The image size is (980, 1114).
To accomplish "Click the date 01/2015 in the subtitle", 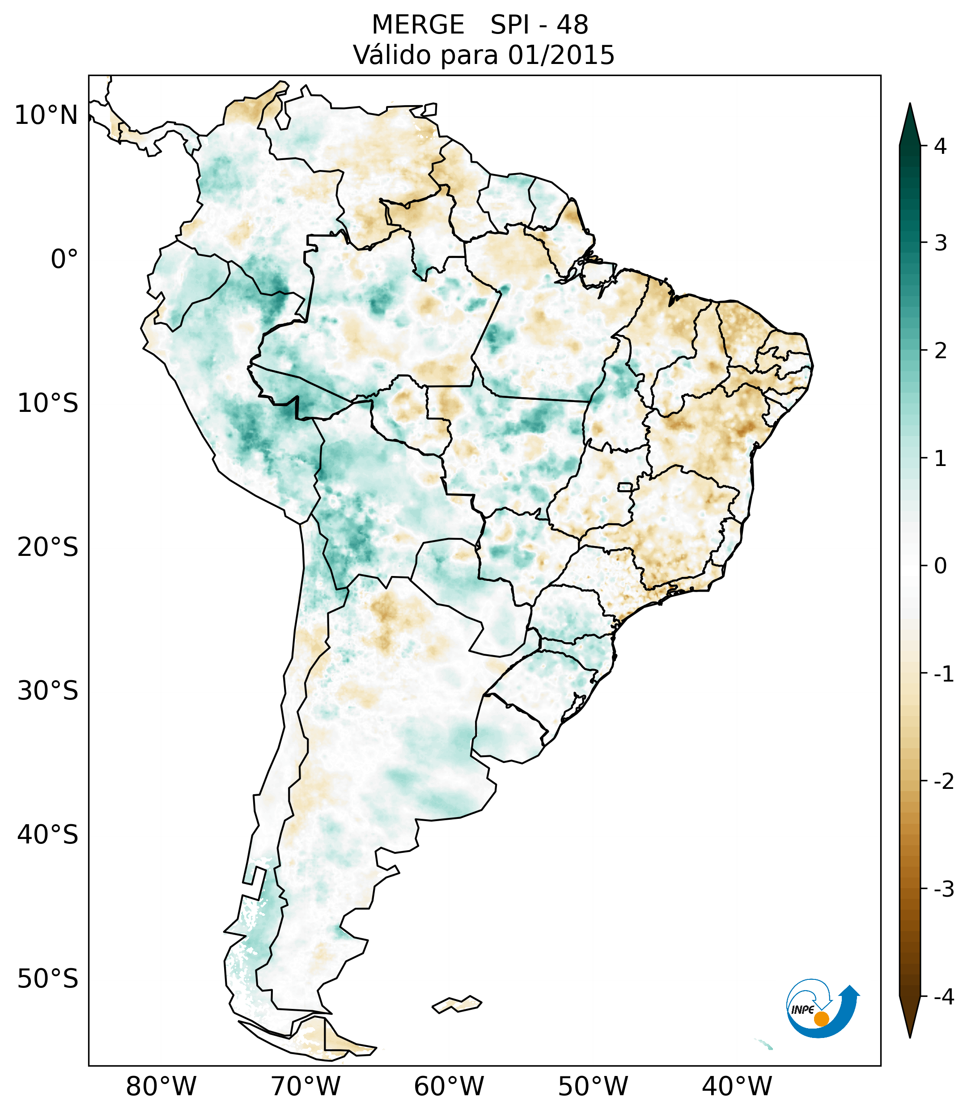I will point(561,55).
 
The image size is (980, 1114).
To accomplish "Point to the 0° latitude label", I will point(64,259).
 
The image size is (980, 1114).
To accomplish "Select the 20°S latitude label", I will point(48,547).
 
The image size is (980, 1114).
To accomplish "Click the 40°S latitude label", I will point(48,834).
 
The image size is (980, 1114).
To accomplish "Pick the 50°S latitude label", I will point(48,978).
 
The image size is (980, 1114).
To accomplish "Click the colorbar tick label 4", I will point(940,146).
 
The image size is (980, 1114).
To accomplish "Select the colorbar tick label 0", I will point(940,566).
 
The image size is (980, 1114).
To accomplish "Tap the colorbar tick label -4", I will point(943,997).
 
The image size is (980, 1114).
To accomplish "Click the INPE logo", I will point(823,1008).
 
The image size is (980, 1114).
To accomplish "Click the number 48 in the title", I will point(573,25).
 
